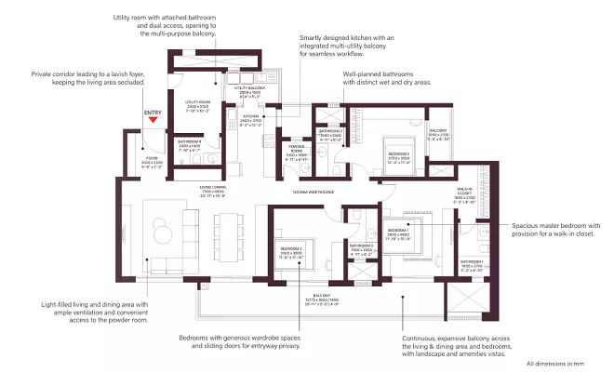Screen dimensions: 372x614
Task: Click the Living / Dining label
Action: pyautogui.click(x=212, y=192)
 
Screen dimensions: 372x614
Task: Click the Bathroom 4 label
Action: pyautogui.click(x=191, y=146)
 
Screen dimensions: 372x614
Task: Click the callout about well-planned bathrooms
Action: pyautogui.click(x=390, y=77)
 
